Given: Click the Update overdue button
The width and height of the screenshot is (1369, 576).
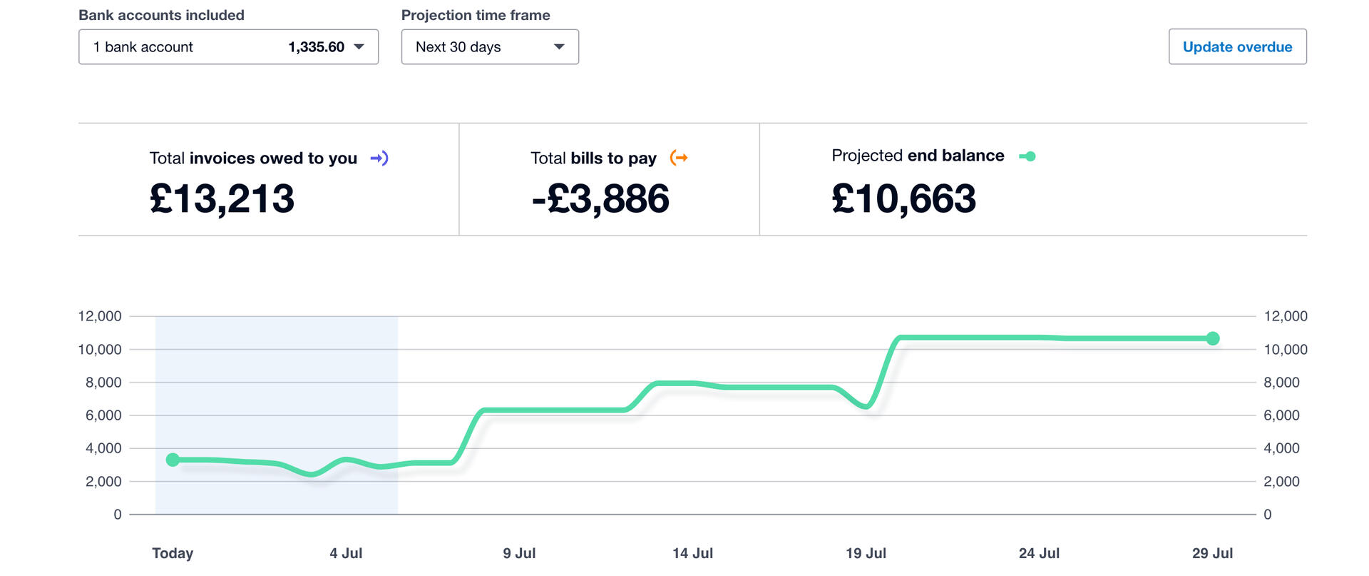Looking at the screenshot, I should (1237, 47).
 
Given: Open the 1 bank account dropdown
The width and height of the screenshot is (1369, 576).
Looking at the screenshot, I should (228, 47).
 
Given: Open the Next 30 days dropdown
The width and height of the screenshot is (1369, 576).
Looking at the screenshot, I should (490, 47).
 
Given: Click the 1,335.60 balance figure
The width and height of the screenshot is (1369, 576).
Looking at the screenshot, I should (316, 47).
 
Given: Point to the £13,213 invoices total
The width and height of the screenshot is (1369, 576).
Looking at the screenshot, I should (222, 198).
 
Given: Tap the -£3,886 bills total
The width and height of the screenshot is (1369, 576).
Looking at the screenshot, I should (600, 198).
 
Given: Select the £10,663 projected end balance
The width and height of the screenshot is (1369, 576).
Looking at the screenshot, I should (903, 198).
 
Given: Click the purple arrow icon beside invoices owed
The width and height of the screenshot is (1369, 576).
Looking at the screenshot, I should (379, 158).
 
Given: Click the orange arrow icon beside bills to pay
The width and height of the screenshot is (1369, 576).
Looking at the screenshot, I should (679, 158).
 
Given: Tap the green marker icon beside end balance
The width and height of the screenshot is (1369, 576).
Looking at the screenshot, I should (1027, 156).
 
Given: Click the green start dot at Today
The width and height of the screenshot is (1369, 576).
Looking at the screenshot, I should (173, 460).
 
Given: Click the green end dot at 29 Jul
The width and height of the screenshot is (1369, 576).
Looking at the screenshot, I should (1213, 338).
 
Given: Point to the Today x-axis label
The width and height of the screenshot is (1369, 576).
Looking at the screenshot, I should (173, 553).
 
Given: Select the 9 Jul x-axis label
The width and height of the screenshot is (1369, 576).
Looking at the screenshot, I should (519, 553).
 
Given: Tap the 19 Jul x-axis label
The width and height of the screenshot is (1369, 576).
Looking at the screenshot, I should (866, 553).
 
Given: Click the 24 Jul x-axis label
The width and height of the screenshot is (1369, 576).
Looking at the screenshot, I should (1039, 553).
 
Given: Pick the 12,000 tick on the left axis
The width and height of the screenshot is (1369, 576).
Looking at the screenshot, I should (100, 316).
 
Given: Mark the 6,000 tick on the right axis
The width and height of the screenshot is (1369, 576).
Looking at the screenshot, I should (1281, 415).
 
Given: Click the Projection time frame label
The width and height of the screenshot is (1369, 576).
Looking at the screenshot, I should (476, 15).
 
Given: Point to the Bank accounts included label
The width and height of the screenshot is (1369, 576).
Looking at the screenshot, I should (161, 15).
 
